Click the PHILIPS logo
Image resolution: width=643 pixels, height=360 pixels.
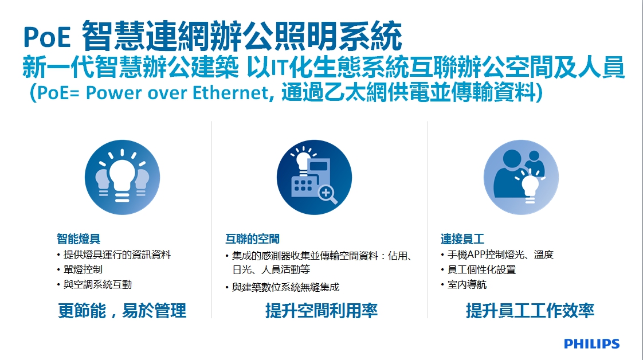pos(592,343)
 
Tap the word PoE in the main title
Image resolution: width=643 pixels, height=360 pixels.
pos(47,37)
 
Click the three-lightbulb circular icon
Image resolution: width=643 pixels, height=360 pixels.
pos(122,177)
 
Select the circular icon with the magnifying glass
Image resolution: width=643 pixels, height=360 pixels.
pos(314,177)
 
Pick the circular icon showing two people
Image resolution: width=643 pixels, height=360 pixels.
pos(521,177)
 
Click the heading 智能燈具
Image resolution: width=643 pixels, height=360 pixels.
pos(79,238)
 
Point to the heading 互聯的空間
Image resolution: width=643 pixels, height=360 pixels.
pos(252,238)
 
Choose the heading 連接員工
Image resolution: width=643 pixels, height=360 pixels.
pos(462,238)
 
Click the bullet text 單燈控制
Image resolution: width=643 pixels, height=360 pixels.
pos(83,269)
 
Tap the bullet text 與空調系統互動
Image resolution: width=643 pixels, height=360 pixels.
pos(97,284)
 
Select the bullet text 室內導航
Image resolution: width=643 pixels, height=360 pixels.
pos(467,284)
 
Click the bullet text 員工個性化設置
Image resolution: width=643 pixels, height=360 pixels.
pos(481,269)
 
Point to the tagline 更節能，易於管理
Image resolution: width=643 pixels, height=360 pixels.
pos(122,310)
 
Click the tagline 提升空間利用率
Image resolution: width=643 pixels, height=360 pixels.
pos(321,310)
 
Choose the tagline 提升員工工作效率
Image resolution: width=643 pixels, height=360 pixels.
pos(530,310)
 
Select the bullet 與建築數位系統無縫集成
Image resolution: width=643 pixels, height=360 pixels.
pos(286,287)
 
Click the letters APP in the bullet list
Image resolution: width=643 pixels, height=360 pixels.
pos(475,255)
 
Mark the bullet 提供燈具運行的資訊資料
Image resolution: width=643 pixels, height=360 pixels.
pos(117,255)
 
